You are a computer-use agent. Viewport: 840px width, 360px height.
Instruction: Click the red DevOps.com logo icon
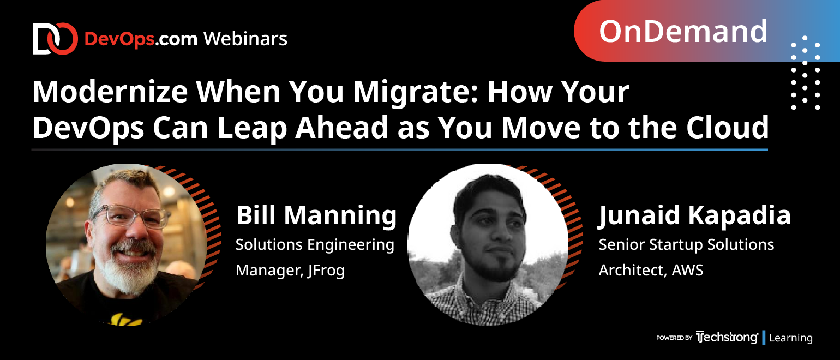tap(55, 39)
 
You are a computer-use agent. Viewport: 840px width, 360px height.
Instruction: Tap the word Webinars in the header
tap(245, 39)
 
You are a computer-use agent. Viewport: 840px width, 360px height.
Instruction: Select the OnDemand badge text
tap(683, 31)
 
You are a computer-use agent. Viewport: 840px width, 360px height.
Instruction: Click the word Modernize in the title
tap(110, 92)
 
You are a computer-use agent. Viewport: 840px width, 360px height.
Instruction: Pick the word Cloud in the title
tap(728, 128)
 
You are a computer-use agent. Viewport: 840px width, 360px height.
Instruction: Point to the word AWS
tap(687, 270)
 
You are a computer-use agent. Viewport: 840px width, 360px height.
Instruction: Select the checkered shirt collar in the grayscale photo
tap(488, 296)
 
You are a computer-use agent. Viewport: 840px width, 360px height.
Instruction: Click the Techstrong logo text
tap(727, 337)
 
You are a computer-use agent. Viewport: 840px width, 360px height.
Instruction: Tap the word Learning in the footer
tap(791, 338)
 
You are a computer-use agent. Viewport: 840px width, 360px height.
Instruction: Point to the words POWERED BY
tap(674, 338)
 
